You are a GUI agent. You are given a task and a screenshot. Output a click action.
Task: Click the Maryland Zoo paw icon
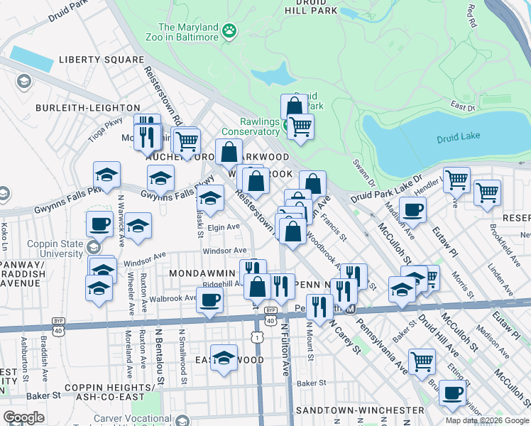229,31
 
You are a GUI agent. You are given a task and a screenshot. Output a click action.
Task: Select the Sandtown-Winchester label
360,410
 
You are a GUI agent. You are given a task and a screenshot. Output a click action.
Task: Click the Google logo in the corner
23,417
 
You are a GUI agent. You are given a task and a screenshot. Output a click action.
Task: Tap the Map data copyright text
487,420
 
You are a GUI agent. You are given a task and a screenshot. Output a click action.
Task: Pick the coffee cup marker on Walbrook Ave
209,299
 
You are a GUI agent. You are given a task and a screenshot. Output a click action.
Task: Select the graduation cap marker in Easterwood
224,359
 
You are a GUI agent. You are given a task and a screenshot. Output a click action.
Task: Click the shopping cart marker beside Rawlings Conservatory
301,127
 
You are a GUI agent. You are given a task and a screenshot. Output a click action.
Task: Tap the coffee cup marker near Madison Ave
412,209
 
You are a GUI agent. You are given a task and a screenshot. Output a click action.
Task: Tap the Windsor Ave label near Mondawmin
224,251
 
